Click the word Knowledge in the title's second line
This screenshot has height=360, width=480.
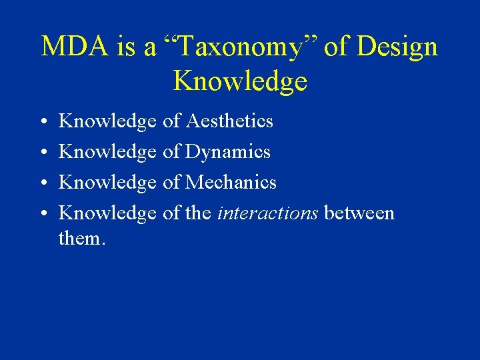point(240,81)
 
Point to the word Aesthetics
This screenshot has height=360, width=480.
point(229,121)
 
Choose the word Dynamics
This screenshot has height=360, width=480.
point(227,152)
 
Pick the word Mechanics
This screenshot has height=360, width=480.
point(231,183)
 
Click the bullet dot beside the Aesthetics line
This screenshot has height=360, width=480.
point(42,122)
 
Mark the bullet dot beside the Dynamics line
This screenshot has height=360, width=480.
point(42,153)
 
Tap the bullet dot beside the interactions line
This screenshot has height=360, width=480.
point(42,214)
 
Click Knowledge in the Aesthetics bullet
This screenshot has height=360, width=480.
point(107,121)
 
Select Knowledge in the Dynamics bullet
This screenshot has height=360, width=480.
point(107,152)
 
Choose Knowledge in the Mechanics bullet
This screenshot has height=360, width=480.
point(107,183)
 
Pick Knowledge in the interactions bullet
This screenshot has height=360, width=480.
point(107,213)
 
